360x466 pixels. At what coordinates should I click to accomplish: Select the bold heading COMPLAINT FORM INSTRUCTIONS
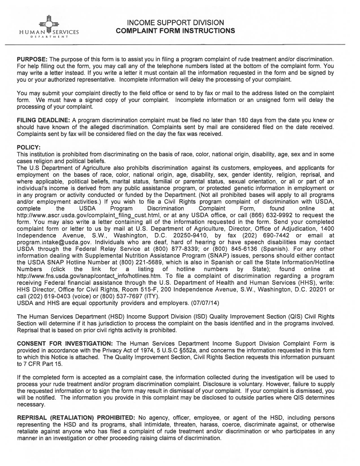coord(175,31)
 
